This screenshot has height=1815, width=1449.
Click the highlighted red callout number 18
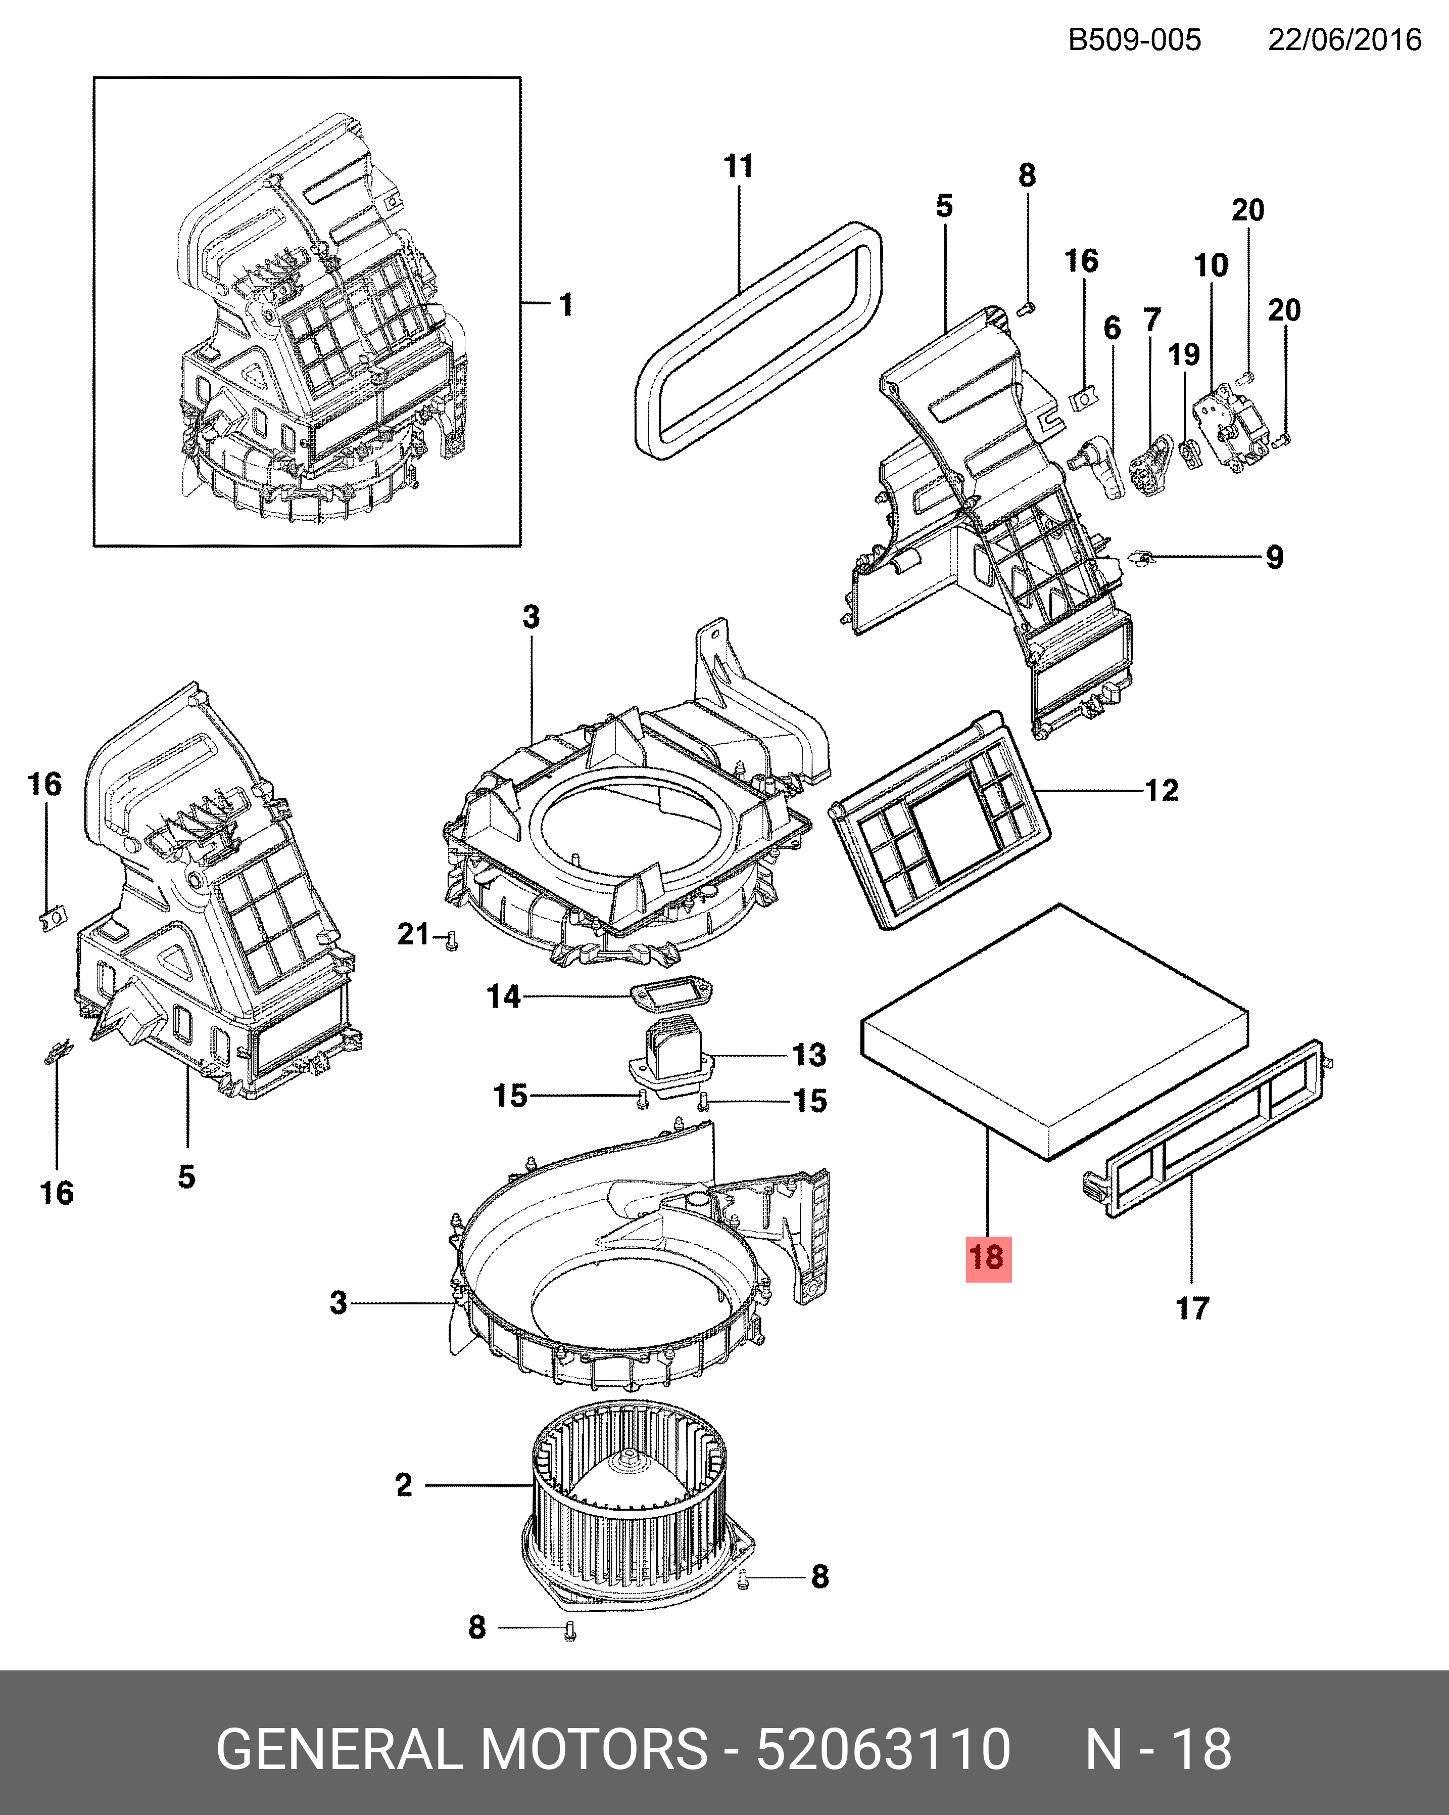click(987, 1258)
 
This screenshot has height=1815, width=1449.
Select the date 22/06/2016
click(1344, 39)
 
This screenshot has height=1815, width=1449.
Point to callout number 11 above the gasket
click(738, 166)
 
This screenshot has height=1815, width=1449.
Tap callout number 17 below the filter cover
click(1191, 1308)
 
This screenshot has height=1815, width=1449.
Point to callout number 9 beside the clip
click(1274, 557)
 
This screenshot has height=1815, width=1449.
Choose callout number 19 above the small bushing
click(1183, 354)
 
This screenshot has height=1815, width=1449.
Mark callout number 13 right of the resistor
click(809, 1055)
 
